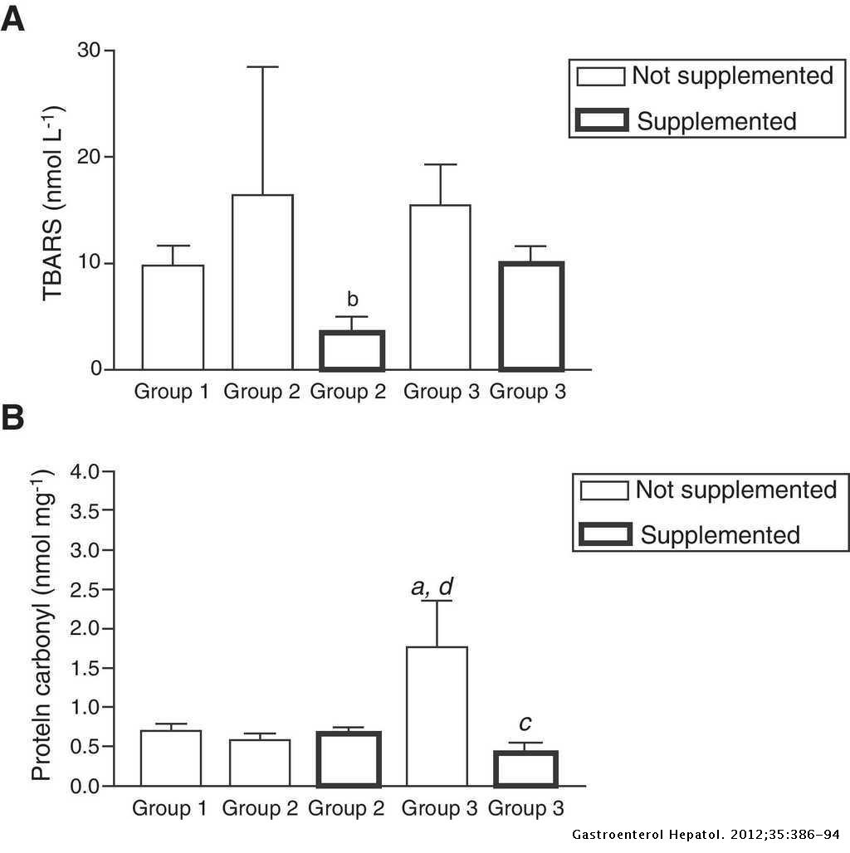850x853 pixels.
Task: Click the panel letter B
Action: pyautogui.click(x=12, y=417)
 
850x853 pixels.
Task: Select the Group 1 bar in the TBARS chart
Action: pyautogui.click(x=173, y=317)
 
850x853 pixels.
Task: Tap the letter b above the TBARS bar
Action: pyautogui.click(x=353, y=300)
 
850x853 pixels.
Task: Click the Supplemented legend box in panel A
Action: pyautogui.click(x=601, y=121)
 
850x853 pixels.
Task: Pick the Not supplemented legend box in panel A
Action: pyautogui.click(x=601, y=76)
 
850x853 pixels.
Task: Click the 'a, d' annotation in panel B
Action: pyautogui.click(x=432, y=587)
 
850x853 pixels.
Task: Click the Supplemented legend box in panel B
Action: pyautogui.click(x=604, y=534)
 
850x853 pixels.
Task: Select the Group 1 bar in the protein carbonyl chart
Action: pyautogui.click(x=171, y=758)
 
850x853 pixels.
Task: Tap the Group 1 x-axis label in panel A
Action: pyautogui.click(x=173, y=391)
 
